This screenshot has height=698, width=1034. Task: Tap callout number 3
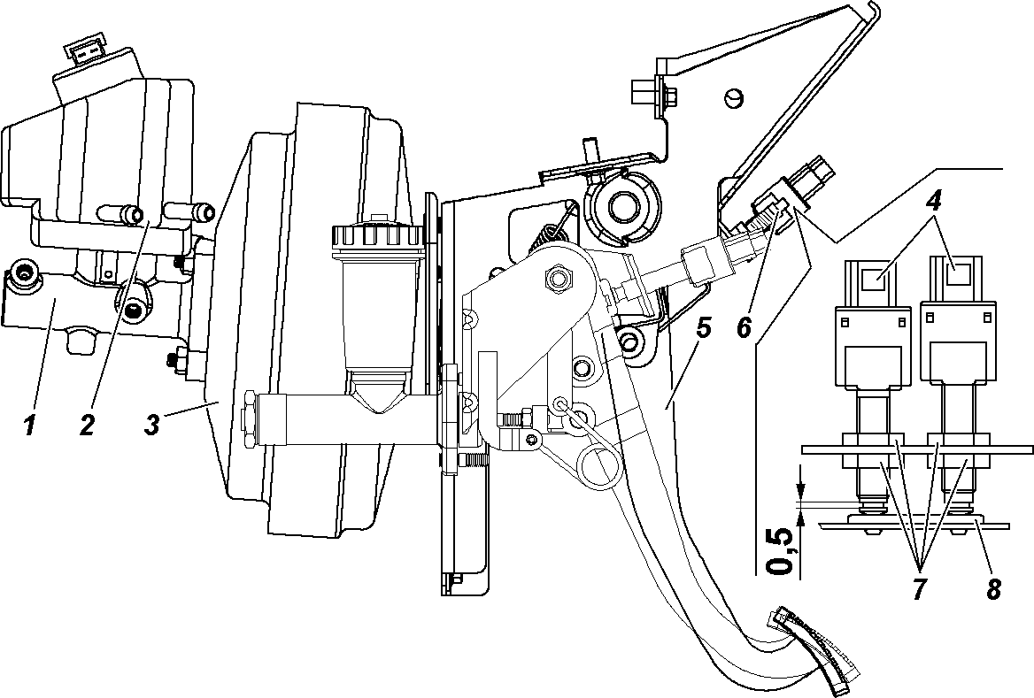152,424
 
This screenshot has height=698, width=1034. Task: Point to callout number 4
934,203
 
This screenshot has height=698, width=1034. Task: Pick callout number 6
745,327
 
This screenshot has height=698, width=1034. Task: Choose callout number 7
920,588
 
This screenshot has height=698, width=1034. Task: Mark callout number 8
993,588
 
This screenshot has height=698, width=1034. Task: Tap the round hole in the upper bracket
733,97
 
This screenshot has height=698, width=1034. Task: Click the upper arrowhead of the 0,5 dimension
800,491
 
